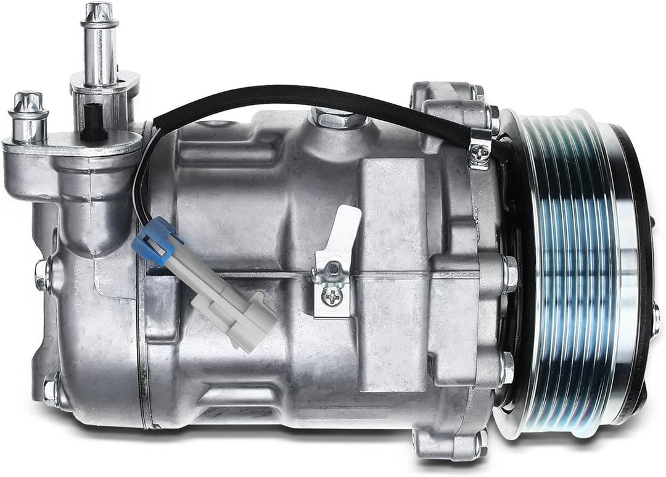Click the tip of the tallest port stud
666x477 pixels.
point(99,11)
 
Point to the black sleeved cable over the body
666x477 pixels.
point(308,99)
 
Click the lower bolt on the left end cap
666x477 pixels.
point(50,389)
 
